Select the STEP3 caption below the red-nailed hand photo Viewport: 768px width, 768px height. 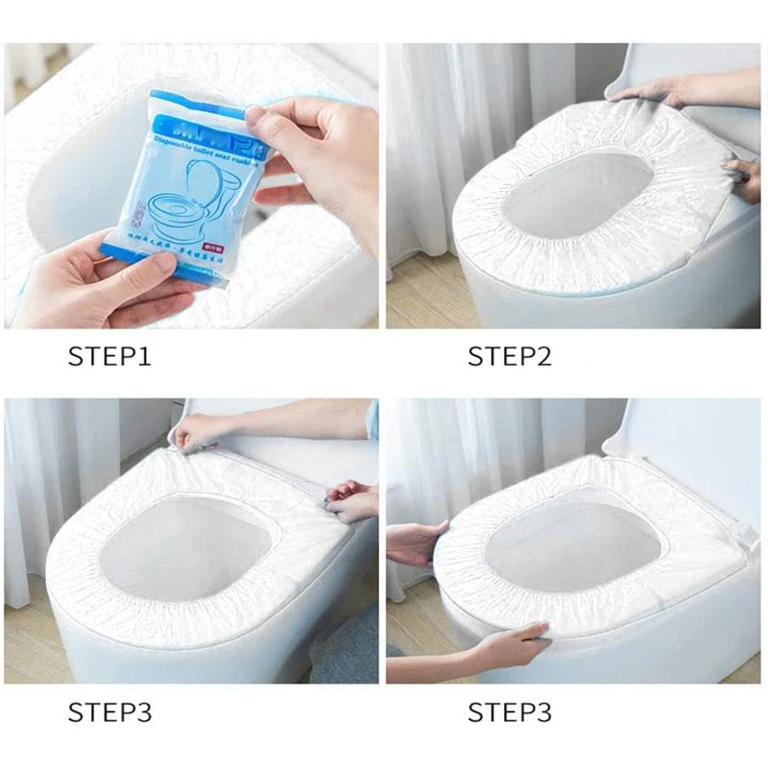click(x=108, y=712)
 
